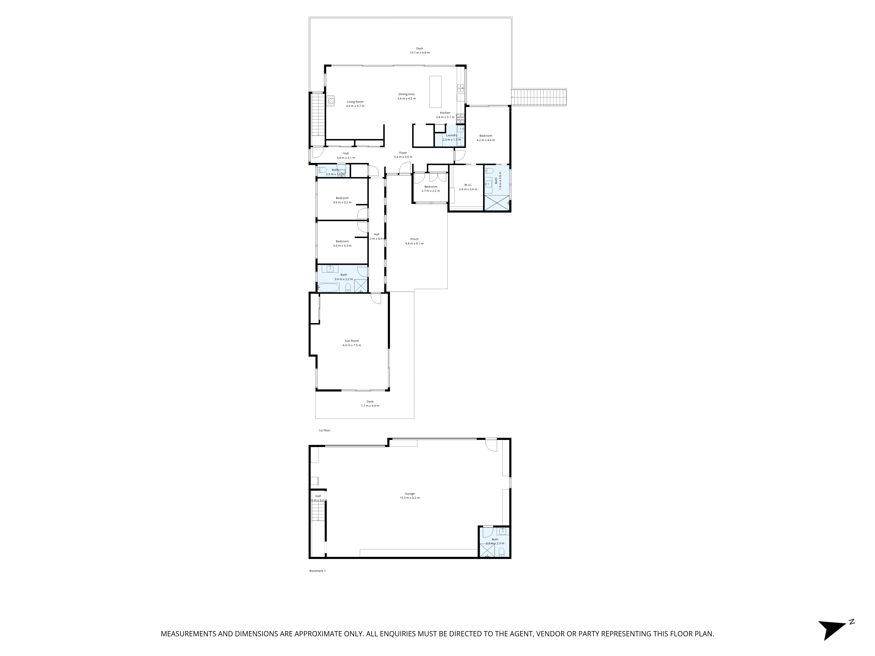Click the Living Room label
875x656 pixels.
(355, 102)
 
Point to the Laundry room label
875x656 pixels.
(451, 135)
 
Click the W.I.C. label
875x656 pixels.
(468, 185)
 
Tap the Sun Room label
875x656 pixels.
(351, 341)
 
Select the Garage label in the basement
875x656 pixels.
(409, 494)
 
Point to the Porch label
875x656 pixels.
(414, 239)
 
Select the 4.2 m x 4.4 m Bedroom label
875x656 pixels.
(485, 136)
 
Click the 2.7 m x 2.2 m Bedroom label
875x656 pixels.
(430, 187)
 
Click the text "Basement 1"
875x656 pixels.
(317, 571)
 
